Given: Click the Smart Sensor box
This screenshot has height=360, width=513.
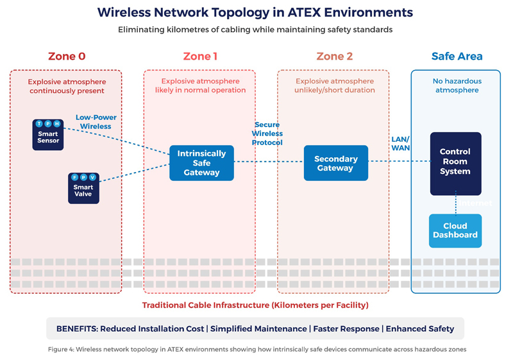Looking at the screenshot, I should pos(48,135).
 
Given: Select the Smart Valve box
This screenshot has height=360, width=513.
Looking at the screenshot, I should pos(83,188).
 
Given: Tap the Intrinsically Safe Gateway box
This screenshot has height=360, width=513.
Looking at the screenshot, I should pos(201,163).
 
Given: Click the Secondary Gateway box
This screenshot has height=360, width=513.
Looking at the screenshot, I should pos(335,163).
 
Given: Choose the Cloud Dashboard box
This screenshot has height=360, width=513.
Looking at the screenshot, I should pos(455,230).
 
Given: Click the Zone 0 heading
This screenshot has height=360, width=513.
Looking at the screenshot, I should pos(66,56).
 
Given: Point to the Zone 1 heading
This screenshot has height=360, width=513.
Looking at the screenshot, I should pos(200,56).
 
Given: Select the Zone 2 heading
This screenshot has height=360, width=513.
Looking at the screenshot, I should pos(334,56).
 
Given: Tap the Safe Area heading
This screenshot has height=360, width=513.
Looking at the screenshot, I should pos(457,56).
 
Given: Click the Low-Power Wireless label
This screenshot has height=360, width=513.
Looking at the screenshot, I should pos(94,122).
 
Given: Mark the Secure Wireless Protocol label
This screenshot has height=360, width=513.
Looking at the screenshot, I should pos(268,133).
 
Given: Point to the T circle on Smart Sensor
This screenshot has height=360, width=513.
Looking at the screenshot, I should pos(39,124).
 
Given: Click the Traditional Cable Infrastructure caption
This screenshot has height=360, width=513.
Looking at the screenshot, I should pos(255,305).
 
